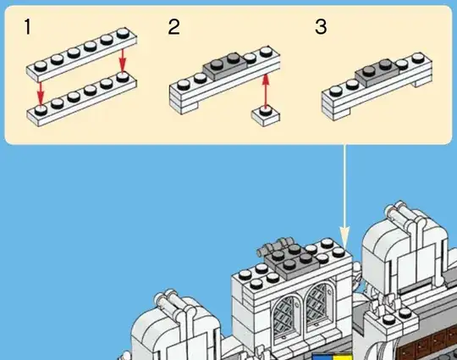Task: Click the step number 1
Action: tap(28, 27)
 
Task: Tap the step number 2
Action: tap(174, 27)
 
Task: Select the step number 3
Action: tap(321, 27)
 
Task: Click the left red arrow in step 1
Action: tap(41, 92)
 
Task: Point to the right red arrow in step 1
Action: tap(123, 60)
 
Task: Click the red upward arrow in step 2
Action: tap(265, 91)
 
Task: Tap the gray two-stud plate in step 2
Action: tap(225, 65)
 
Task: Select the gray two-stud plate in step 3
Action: tap(377, 72)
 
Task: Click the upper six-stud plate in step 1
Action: tap(81, 54)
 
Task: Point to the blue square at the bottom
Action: tap(322, 357)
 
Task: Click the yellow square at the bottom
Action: tap(343, 357)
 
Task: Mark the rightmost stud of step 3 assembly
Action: tap(418, 58)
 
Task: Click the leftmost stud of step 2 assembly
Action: tap(184, 85)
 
